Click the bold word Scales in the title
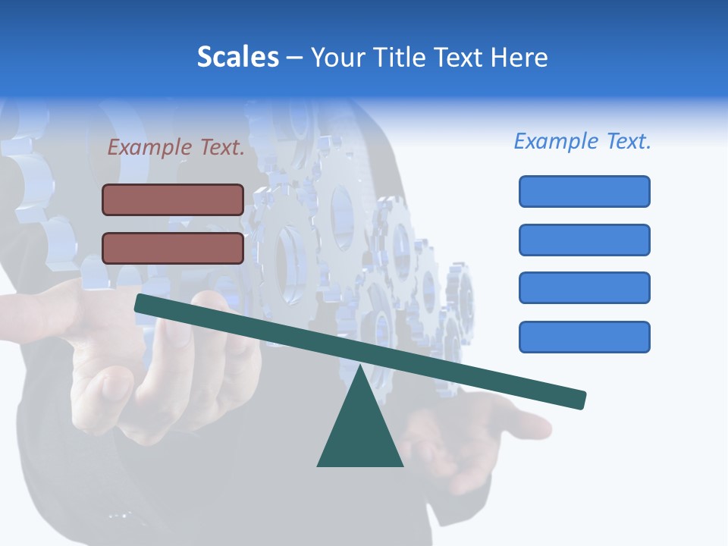click(237, 57)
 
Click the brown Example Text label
click(176, 147)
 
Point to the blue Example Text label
click(582, 141)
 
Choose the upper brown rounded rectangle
click(173, 199)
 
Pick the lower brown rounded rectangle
click(173, 248)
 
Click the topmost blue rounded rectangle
click(584, 191)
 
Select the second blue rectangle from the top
click(584, 240)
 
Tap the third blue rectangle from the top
click(584, 287)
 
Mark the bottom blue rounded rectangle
click(584, 337)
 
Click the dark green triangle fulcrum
click(360, 432)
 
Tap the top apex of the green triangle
click(360, 368)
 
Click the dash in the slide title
click(295, 58)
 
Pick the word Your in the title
click(335, 57)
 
